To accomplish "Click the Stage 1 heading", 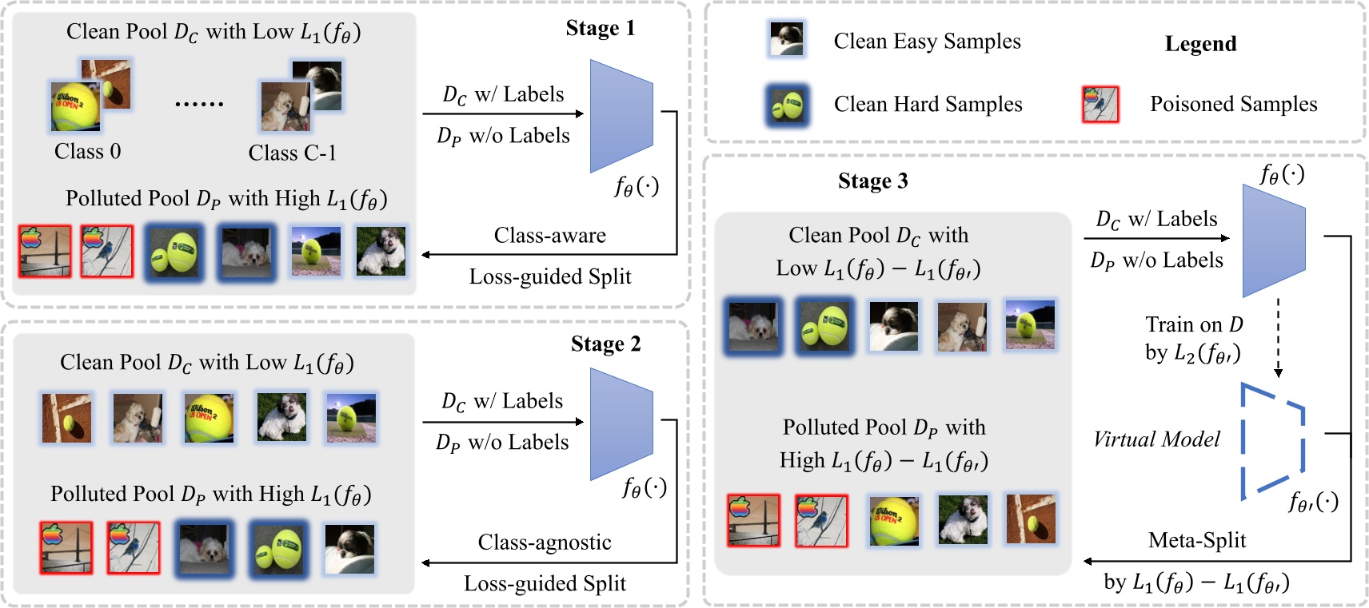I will (600, 29).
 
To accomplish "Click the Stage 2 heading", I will (605, 344).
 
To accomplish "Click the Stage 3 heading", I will (872, 181).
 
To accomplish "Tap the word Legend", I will (1200, 44).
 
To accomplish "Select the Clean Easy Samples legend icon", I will (787, 39).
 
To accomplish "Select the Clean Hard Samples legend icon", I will (787, 105).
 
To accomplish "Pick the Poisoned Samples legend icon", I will (1100, 104).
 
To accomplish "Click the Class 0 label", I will (87, 152).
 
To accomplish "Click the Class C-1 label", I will (292, 153).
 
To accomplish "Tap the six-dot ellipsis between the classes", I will (199, 104).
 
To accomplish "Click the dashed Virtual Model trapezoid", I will (1271, 441).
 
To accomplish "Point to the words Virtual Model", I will (1156, 439).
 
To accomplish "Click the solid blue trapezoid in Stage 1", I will (621, 116).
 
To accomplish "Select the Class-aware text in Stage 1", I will (549, 236).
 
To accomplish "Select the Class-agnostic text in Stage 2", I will (545, 542).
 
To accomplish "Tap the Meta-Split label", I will (1197, 541).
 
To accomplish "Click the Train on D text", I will (1194, 325).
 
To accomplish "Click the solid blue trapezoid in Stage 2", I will (621, 423).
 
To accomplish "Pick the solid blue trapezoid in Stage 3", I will (1273, 240).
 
